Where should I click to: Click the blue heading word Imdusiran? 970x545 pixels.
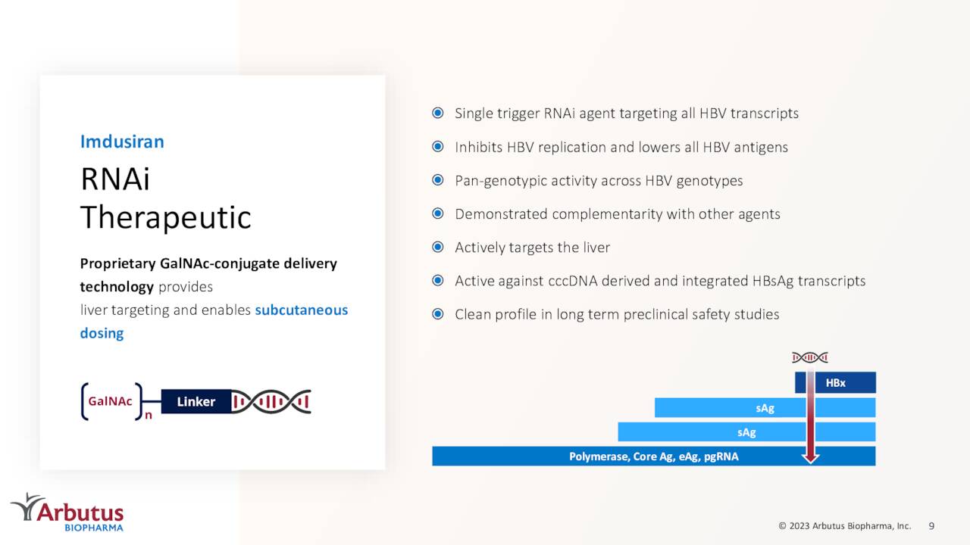coord(122,142)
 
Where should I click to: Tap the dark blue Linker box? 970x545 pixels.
coord(196,402)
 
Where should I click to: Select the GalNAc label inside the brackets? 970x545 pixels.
coord(111,402)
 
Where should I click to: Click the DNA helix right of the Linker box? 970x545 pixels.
coord(271,402)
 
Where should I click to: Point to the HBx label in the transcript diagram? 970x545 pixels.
coord(835,383)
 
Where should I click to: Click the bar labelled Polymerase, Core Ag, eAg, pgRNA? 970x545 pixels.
coord(653,456)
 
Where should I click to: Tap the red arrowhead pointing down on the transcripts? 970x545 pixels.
coord(811,456)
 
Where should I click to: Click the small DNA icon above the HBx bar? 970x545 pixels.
coord(810,357)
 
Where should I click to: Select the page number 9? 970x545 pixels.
coord(931,525)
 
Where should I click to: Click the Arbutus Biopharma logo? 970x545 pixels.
coord(67,512)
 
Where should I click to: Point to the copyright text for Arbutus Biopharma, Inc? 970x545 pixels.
coord(844,525)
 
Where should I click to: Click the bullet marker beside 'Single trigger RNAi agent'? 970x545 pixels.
coord(438,114)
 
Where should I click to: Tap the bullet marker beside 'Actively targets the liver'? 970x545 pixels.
coord(438,248)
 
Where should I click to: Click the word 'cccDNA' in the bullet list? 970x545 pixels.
coord(571,281)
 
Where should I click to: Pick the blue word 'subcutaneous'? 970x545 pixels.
coord(301,310)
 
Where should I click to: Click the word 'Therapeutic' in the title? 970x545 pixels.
coord(165,218)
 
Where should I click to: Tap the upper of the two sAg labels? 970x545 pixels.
coord(765,408)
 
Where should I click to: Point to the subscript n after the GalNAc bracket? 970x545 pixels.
coord(149,416)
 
